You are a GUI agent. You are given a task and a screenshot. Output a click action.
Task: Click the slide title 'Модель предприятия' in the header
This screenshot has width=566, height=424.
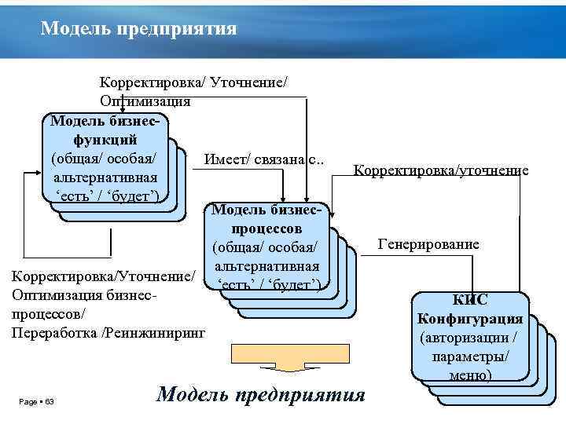pos(139,29)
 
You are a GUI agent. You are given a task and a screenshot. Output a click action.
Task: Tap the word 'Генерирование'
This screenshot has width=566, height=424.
pos(428,244)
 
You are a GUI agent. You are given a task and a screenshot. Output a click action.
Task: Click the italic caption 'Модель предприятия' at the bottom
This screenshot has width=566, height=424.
pos(262,393)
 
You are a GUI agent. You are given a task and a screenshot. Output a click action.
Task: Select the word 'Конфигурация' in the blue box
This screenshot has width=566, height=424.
pos(470,319)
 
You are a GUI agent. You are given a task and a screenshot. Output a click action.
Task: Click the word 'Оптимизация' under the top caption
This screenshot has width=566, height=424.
pos(145,101)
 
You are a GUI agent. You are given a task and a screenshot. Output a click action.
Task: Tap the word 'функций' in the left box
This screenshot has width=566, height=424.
pos(105,138)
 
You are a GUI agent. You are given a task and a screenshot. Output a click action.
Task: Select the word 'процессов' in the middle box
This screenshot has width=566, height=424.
pos(267,228)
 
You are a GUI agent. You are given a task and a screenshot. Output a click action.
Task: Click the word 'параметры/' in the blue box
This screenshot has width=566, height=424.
pos(470,356)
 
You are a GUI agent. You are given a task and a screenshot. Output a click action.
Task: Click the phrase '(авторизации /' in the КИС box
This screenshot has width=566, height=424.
pos(469,338)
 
